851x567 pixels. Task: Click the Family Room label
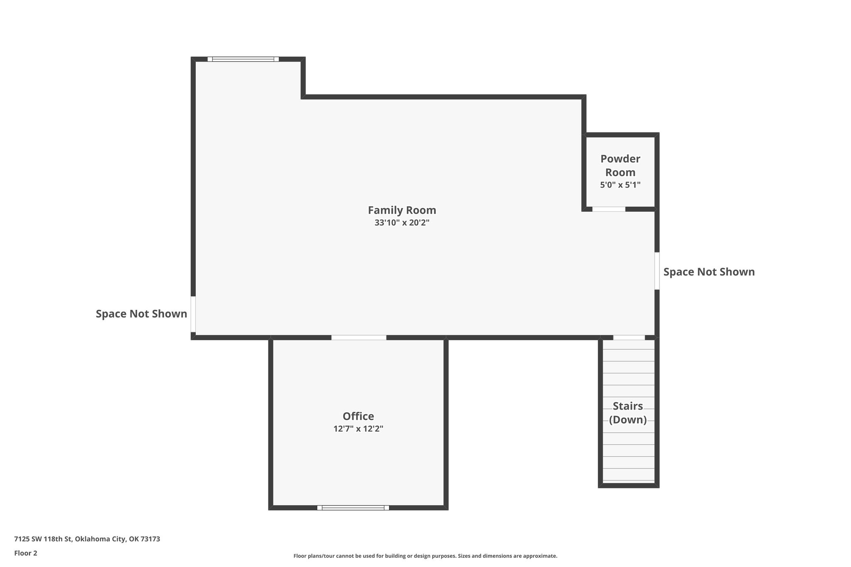(x=402, y=210)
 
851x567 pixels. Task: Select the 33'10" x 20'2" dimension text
(x=402, y=223)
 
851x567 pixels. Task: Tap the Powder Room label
(x=620, y=165)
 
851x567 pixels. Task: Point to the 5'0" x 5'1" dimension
(x=620, y=185)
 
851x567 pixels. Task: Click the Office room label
(x=358, y=416)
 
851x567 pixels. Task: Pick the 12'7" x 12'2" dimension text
(x=358, y=429)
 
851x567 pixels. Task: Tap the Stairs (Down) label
(x=628, y=413)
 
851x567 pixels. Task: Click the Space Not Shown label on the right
(x=709, y=272)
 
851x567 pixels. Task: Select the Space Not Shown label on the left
(x=141, y=314)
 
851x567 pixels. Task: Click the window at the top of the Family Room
(x=243, y=59)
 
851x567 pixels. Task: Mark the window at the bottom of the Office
(x=353, y=508)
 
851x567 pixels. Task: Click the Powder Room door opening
(x=609, y=209)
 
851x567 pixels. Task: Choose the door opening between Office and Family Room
(x=359, y=338)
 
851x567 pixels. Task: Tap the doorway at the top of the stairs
(x=629, y=338)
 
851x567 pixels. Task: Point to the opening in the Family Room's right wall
(x=657, y=271)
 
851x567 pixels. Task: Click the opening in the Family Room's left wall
(x=193, y=314)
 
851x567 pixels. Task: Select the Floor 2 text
(x=26, y=553)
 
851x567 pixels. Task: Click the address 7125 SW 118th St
(x=44, y=539)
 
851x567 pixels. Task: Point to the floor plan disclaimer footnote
(x=425, y=556)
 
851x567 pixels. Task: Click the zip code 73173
(x=150, y=539)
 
